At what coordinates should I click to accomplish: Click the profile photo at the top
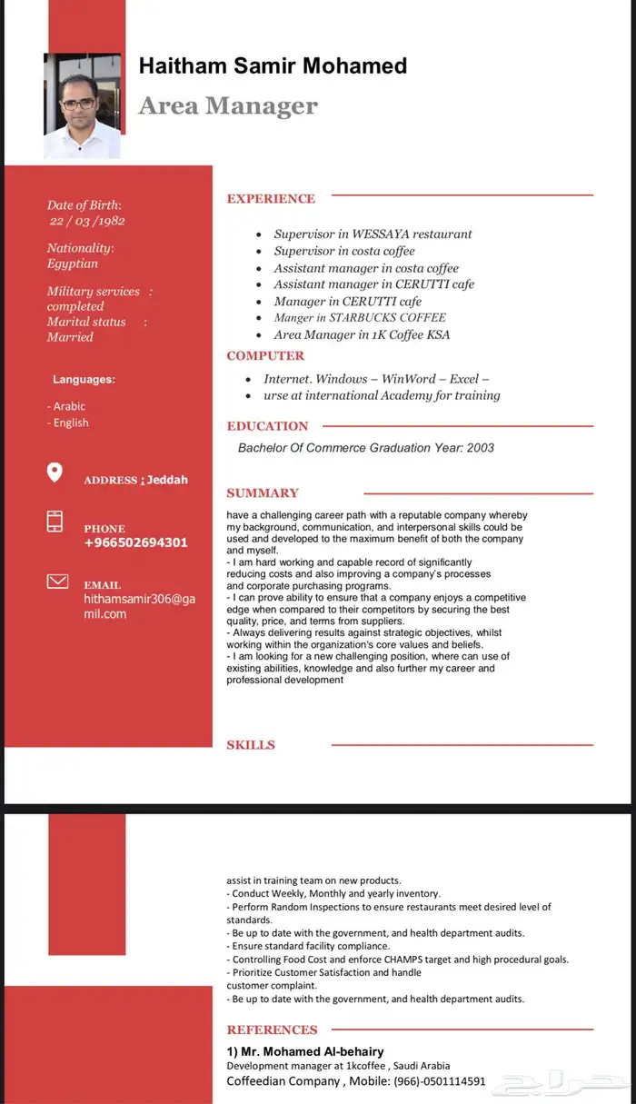[82, 105]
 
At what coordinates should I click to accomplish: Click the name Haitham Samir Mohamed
[273, 65]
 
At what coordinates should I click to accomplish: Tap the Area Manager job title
[228, 106]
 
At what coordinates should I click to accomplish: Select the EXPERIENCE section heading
[271, 199]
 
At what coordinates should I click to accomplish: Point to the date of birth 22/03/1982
[87, 221]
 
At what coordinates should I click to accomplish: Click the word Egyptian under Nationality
[73, 264]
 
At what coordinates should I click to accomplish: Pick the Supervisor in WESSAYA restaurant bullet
[373, 234]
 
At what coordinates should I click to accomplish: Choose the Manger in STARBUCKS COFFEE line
[360, 318]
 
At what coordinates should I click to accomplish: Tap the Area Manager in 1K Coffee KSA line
[362, 334]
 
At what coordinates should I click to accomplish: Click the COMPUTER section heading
[265, 356]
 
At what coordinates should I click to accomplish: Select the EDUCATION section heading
[267, 426]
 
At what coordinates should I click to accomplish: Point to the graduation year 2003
[481, 448]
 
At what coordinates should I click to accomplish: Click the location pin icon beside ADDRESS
[55, 472]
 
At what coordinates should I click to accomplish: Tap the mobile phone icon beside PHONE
[55, 522]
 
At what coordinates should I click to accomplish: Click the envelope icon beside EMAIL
[57, 582]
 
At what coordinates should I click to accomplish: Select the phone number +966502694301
[135, 542]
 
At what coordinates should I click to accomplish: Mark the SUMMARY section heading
[263, 493]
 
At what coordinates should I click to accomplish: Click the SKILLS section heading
[251, 745]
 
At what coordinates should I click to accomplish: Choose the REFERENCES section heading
[272, 1029]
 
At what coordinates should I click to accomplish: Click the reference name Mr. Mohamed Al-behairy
[305, 1051]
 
